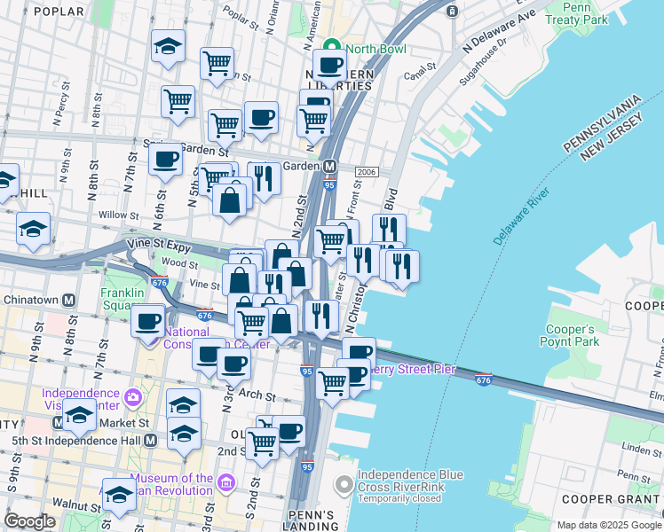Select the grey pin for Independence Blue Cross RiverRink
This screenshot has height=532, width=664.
pos(344,485)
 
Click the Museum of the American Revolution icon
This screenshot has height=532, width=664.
pos(226,483)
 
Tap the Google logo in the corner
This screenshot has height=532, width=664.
pos(30,521)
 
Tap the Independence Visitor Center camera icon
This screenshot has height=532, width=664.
pos(133,395)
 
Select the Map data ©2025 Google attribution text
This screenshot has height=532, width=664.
pos(608,525)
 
